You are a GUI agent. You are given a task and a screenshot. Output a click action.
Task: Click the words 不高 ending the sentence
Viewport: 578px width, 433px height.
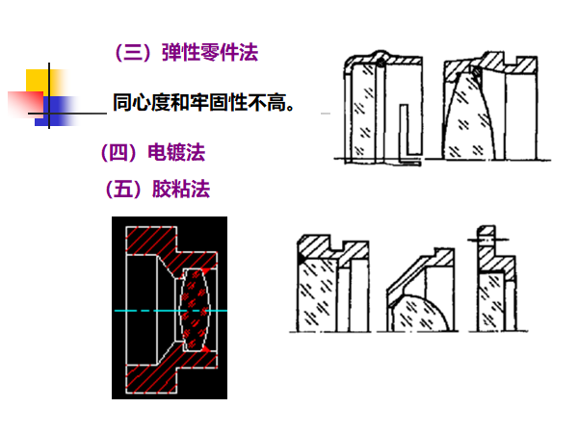pos(266,102)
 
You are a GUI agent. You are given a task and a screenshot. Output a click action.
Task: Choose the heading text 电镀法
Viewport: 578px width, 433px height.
pos(175,152)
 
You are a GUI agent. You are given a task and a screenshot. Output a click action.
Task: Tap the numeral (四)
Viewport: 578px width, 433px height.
pos(119,152)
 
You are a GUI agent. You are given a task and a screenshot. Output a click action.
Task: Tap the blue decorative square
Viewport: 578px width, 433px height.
pos(58,109)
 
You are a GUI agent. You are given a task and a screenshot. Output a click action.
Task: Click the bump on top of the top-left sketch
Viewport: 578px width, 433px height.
pos(381,59)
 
